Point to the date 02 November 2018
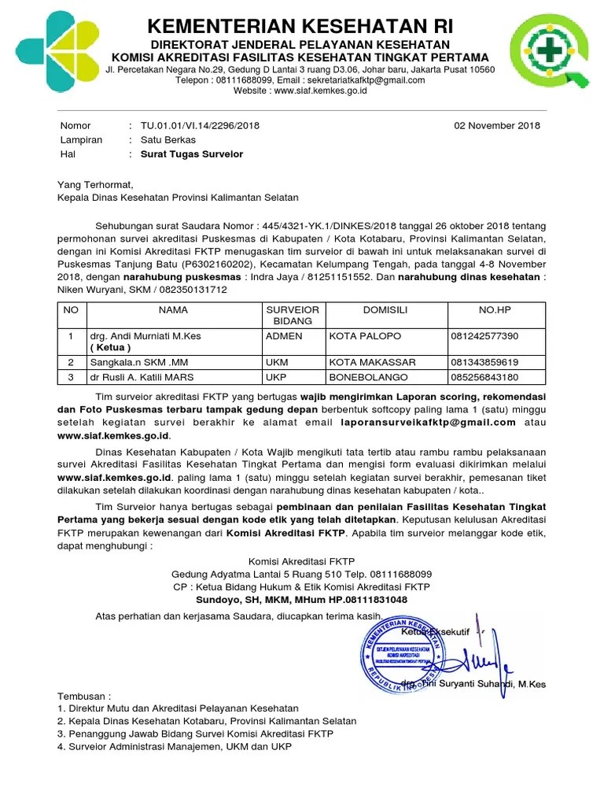click(x=498, y=126)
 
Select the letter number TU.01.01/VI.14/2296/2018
click(x=200, y=126)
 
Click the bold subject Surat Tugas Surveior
click(x=192, y=154)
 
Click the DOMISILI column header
click(x=385, y=311)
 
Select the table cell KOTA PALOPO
click(x=365, y=336)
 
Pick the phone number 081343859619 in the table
click(x=484, y=363)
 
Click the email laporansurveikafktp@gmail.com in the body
click(x=428, y=422)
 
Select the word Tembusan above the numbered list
click(x=83, y=697)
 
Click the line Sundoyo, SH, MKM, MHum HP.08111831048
click(x=301, y=599)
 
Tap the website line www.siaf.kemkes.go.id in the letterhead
click(x=300, y=91)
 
